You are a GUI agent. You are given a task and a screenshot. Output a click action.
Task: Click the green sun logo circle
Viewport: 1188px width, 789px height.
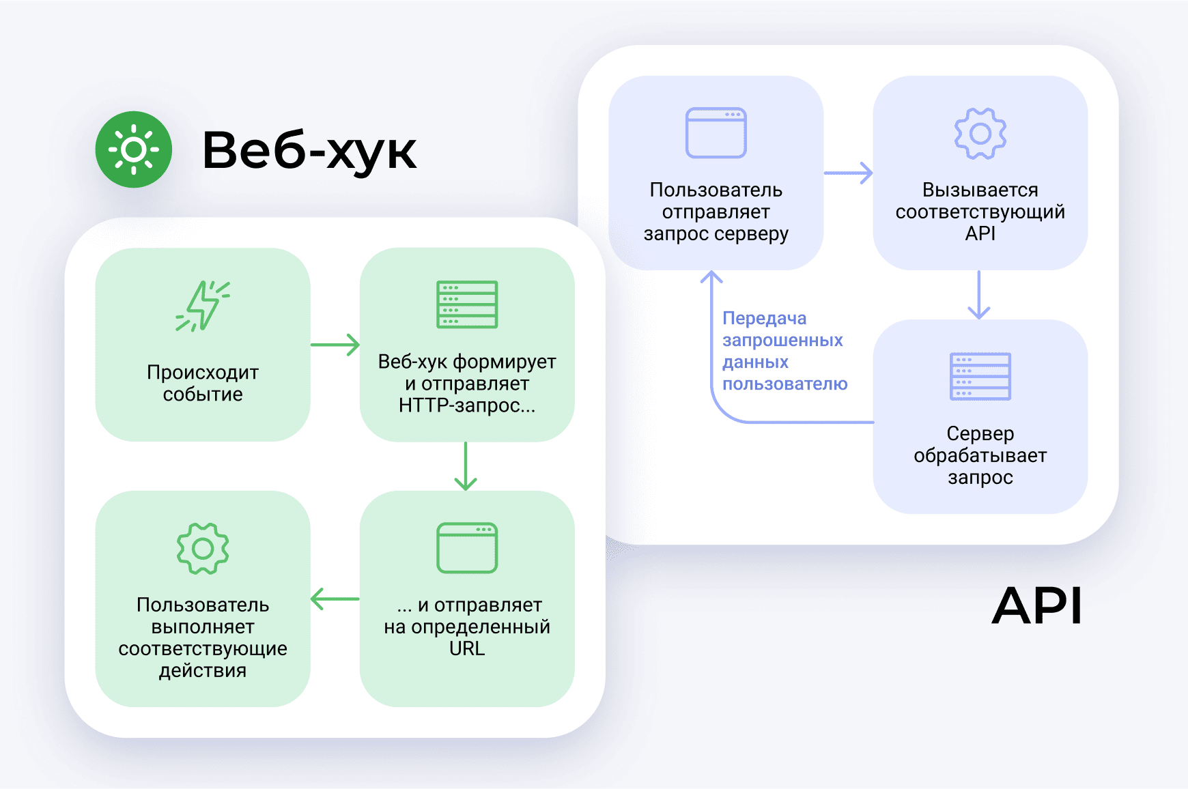(134, 149)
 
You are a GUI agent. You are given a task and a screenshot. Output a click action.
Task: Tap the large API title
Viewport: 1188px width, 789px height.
(1036, 605)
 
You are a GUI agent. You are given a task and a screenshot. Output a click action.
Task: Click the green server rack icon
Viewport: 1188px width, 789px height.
(467, 304)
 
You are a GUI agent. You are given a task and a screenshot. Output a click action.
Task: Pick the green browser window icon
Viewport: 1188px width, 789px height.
(467, 547)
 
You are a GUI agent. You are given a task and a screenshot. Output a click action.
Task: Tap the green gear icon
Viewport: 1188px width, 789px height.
(203, 548)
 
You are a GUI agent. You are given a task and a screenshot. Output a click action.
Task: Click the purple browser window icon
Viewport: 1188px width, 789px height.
(716, 132)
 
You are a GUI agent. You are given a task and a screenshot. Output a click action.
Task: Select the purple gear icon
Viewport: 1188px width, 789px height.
(980, 134)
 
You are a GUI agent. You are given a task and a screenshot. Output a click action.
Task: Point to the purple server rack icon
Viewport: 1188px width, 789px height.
(980, 376)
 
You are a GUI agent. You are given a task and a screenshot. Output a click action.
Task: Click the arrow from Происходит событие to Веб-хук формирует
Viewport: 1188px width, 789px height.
(335, 345)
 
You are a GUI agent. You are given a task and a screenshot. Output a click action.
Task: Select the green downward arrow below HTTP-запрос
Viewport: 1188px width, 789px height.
(466, 466)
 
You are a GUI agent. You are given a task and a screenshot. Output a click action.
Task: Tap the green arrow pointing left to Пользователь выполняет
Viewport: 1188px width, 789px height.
(335, 599)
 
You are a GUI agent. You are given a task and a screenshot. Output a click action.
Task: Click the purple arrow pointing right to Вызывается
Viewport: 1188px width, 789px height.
(848, 173)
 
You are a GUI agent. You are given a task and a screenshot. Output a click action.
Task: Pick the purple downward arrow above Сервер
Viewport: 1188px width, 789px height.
(979, 295)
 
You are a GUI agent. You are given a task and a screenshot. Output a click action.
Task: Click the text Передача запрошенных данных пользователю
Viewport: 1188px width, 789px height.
(784, 351)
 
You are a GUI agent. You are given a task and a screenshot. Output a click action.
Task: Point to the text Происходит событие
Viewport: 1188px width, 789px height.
(203, 383)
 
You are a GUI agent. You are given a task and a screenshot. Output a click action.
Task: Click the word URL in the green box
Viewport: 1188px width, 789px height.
(467, 648)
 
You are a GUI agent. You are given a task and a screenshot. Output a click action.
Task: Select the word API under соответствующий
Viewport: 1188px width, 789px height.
(980, 233)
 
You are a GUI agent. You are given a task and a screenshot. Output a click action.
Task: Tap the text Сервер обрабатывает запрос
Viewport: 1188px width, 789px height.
(980, 455)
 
